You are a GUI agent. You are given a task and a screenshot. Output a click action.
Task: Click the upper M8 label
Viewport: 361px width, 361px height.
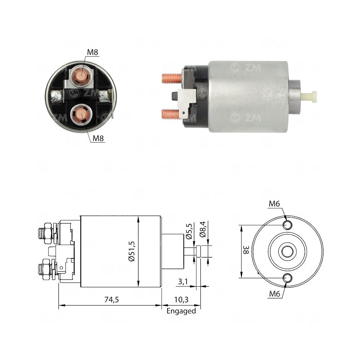(92, 52)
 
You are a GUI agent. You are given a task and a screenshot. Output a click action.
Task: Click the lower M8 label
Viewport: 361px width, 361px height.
(98, 138)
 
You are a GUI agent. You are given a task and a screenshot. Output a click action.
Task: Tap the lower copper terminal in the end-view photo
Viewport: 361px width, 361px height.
(82, 115)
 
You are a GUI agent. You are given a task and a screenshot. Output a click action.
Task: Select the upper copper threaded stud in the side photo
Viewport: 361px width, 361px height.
(171, 78)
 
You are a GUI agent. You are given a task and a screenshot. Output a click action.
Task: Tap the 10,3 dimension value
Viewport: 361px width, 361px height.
(180, 300)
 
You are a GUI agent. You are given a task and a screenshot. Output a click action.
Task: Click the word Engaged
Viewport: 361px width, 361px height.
(181, 311)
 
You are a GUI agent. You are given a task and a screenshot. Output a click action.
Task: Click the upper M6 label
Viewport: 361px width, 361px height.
(274, 204)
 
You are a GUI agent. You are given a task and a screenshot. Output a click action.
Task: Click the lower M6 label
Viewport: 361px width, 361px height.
(274, 294)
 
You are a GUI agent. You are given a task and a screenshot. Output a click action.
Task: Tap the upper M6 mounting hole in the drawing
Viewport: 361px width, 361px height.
(287, 225)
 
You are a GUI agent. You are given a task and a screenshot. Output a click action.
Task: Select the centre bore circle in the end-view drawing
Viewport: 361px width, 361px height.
(287, 252)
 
